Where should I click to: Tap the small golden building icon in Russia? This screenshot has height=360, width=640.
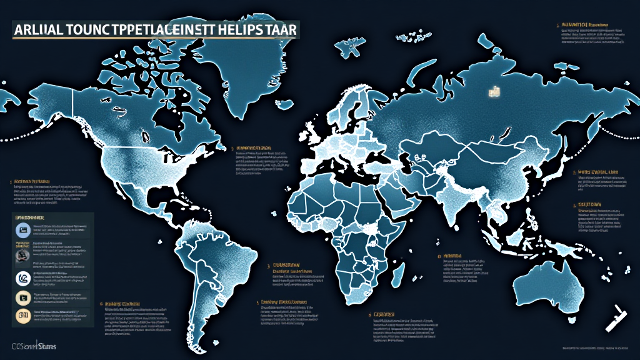click(493, 91)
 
